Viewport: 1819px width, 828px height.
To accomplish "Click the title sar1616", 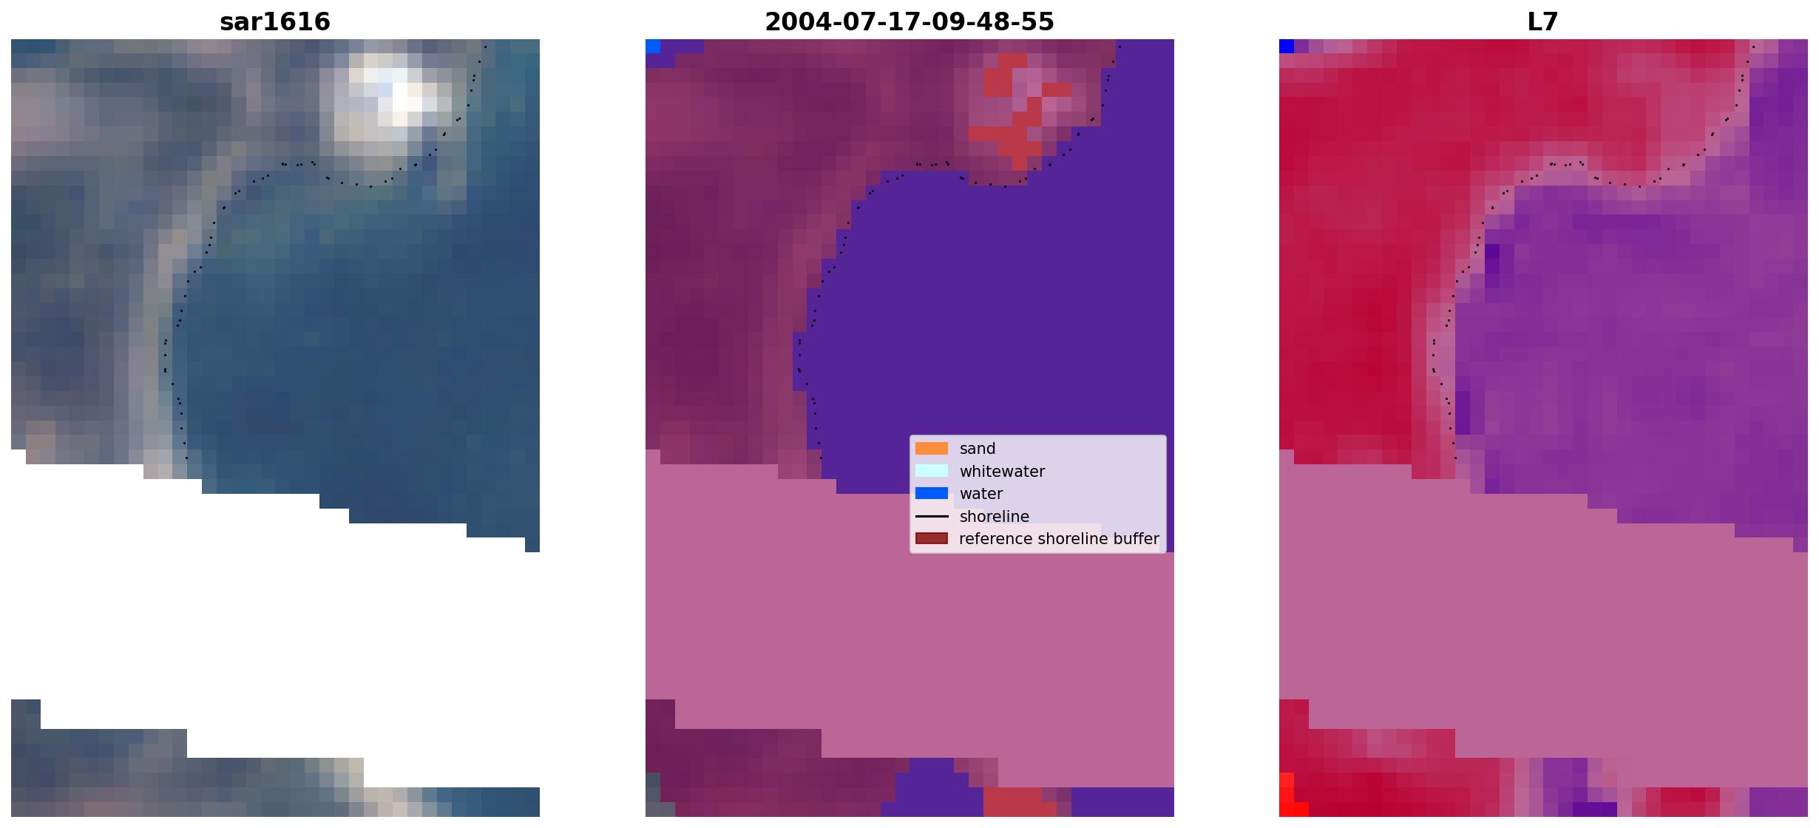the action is pyautogui.click(x=274, y=21).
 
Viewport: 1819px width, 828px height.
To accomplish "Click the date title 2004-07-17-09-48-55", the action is pyautogui.click(x=909, y=21).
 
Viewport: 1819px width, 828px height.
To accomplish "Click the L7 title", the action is pyautogui.click(x=1542, y=21).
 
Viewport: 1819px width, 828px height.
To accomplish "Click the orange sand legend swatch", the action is pyautogui.click(x=931, y=448).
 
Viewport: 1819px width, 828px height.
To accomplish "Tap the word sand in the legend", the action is pyautogui.click(x=977, y=449).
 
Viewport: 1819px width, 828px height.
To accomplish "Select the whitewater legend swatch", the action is pyautogui.click(x=931, y=471).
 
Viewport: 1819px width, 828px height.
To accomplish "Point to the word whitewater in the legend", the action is pyautogui.click(x=1002, y=472).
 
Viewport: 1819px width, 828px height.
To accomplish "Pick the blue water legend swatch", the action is pyautogui.click(x=931, y=493).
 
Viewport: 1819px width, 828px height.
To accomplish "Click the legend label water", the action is pyautogui.click(x=980, y=494).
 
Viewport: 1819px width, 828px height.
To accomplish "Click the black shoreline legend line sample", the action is pyautogui.click(x=931, y=516).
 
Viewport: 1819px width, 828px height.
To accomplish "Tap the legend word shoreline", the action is pyautogui.click(x=994, y=516).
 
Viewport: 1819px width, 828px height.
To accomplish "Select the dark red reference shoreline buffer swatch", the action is pyautogui.click(x=931, y=538).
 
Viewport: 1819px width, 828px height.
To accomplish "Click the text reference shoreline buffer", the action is pyautogui.click(x=1059, y=539).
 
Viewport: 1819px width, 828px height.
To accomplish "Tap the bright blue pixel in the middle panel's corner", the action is pyautogui.click(x=652, y=47).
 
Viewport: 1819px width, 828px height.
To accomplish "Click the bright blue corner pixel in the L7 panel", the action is pyautogui.click(x=1287, y=47).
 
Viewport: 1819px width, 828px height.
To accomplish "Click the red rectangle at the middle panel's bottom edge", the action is pyautogui.click(x=1020, y=802).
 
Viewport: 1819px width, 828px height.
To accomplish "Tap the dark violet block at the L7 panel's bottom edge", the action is pyautogui.click(x=1594, y=810).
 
